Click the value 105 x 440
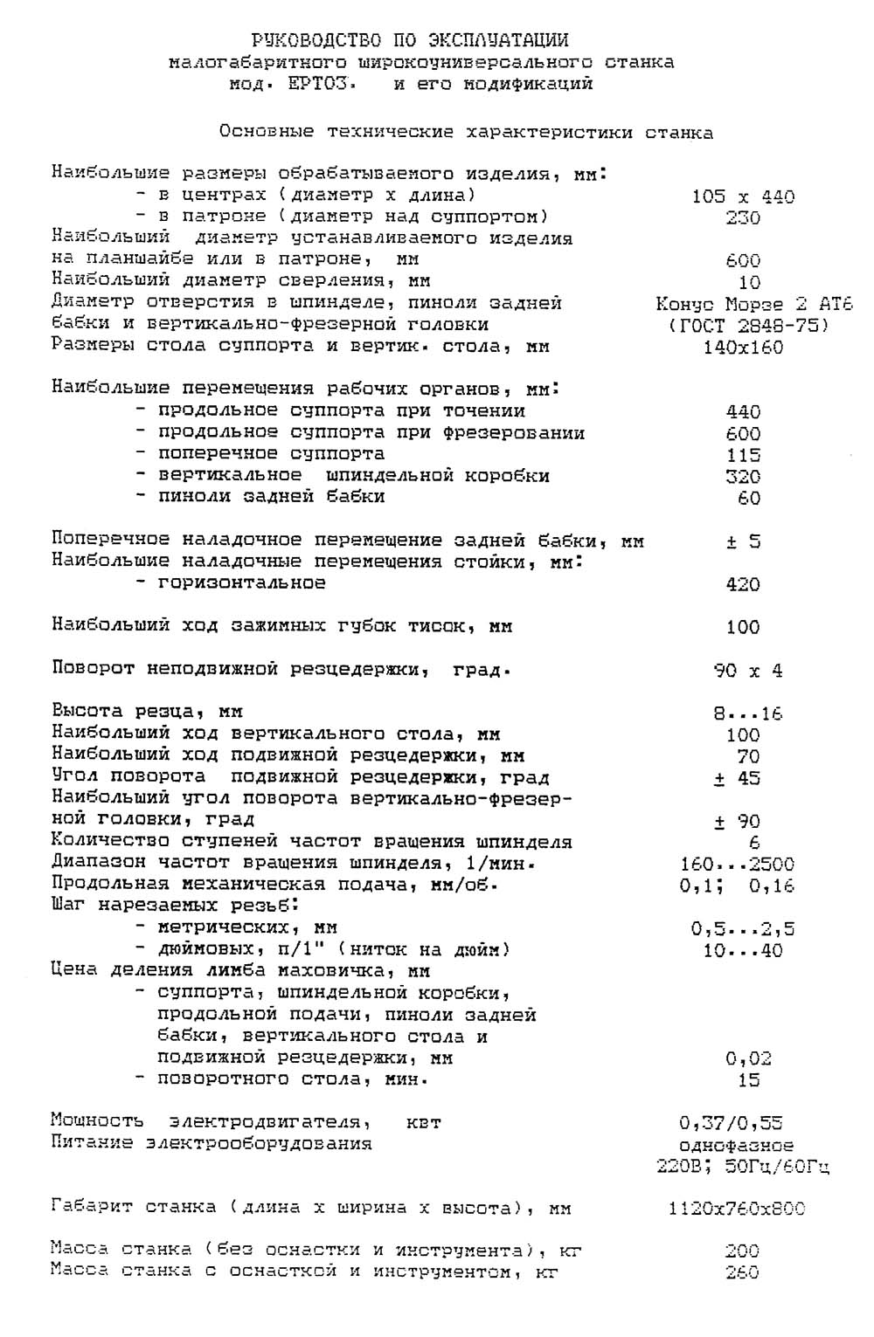coord(743,196)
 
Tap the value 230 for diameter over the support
coord(743,217)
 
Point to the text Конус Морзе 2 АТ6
coord(753,304)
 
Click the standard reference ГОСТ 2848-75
coord(748,326)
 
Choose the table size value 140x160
coord(743,348)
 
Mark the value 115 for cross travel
coord(743,455)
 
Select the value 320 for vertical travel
coord(743,477)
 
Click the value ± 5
coord(743,541)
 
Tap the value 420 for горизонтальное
coord(743,584)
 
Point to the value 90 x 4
coord(748,671)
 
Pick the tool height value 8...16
coord(748,713)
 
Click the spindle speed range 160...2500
coord(737,865)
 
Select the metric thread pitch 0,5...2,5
coord(743,929)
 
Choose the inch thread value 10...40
coord(743,951)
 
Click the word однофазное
coord(736,1145)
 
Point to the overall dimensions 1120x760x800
coord(736,1209)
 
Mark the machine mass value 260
coord(742,1272)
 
